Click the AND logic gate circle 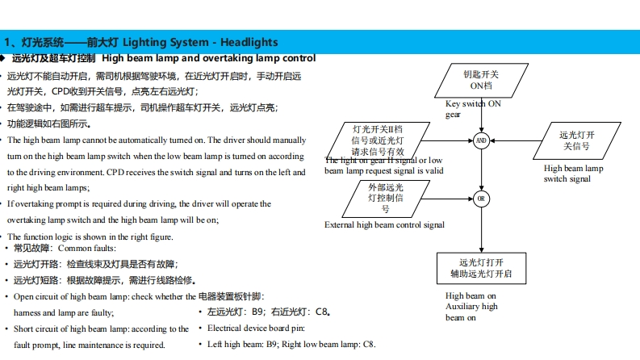click(481, 140)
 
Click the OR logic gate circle click(481, 198)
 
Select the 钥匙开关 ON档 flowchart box click(481, 80)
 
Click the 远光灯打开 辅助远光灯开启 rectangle click(481, 268)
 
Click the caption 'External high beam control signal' click(384, 224)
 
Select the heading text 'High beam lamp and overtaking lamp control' click(209, 58)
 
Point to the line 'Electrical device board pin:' click(256, 328)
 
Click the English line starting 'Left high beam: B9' click(291, 344)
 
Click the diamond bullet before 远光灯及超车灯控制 click(4, 58)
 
